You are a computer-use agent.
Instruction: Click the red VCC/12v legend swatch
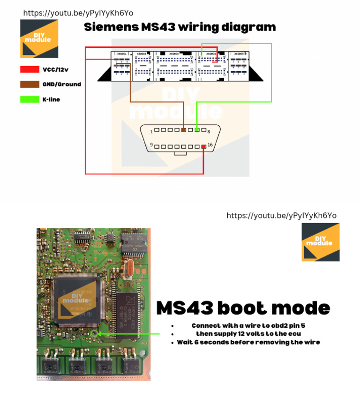tap(30, 69)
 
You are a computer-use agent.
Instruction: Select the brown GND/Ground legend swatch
tap(30, 84)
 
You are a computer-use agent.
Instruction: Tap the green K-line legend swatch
tap(30, 99)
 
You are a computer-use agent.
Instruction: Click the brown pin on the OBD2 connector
tap(184, 129)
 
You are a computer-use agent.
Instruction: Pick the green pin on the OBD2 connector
tap(197, 129)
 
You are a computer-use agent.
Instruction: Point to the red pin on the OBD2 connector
tap(203, 147)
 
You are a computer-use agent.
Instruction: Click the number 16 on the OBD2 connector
tap(210, 145)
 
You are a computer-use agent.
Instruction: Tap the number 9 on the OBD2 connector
tap(151, 145)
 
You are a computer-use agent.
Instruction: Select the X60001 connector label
tap(121, 54)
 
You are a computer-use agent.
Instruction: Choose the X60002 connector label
tap(142, 54)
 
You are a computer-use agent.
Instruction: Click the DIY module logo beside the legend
tap(39, 38)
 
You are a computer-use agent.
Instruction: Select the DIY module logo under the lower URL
tap(320, 242)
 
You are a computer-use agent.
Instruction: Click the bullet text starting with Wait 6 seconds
tap(248, 342)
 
